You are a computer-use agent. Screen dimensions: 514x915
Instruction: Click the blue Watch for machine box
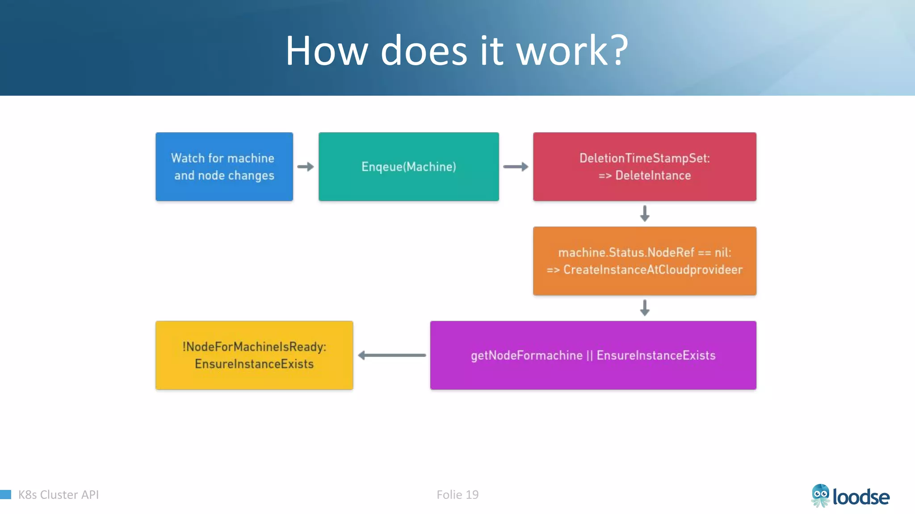coord(224,166)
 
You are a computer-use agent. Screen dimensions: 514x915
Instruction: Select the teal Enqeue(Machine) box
coord(408,166)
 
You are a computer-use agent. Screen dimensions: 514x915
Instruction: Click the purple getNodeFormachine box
coord(593,355)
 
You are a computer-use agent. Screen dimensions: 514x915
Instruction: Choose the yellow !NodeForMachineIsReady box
coord(254,355)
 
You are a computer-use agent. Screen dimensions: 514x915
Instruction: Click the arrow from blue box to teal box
coord(306,167)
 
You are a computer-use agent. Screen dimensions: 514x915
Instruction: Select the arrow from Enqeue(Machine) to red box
coord(516,167)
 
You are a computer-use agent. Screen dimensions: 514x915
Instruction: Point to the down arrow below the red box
coord(644,213)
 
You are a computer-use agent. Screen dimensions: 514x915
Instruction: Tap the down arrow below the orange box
coord(644,308)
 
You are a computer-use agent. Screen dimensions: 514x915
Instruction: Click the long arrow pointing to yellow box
coord(392,355)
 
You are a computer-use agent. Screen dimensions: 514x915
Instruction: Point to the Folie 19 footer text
coord(457,494)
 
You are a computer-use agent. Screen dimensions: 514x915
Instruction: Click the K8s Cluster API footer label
coord(59,494)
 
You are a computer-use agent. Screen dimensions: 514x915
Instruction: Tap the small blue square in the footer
coord(5,494)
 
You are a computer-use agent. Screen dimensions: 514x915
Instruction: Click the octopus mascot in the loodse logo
coord(820,496)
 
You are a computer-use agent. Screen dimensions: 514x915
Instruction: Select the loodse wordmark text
coord(861,497)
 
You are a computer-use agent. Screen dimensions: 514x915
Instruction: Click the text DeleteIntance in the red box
coord(653,175)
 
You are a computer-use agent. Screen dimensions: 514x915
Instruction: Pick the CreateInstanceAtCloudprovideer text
coord(653,270)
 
